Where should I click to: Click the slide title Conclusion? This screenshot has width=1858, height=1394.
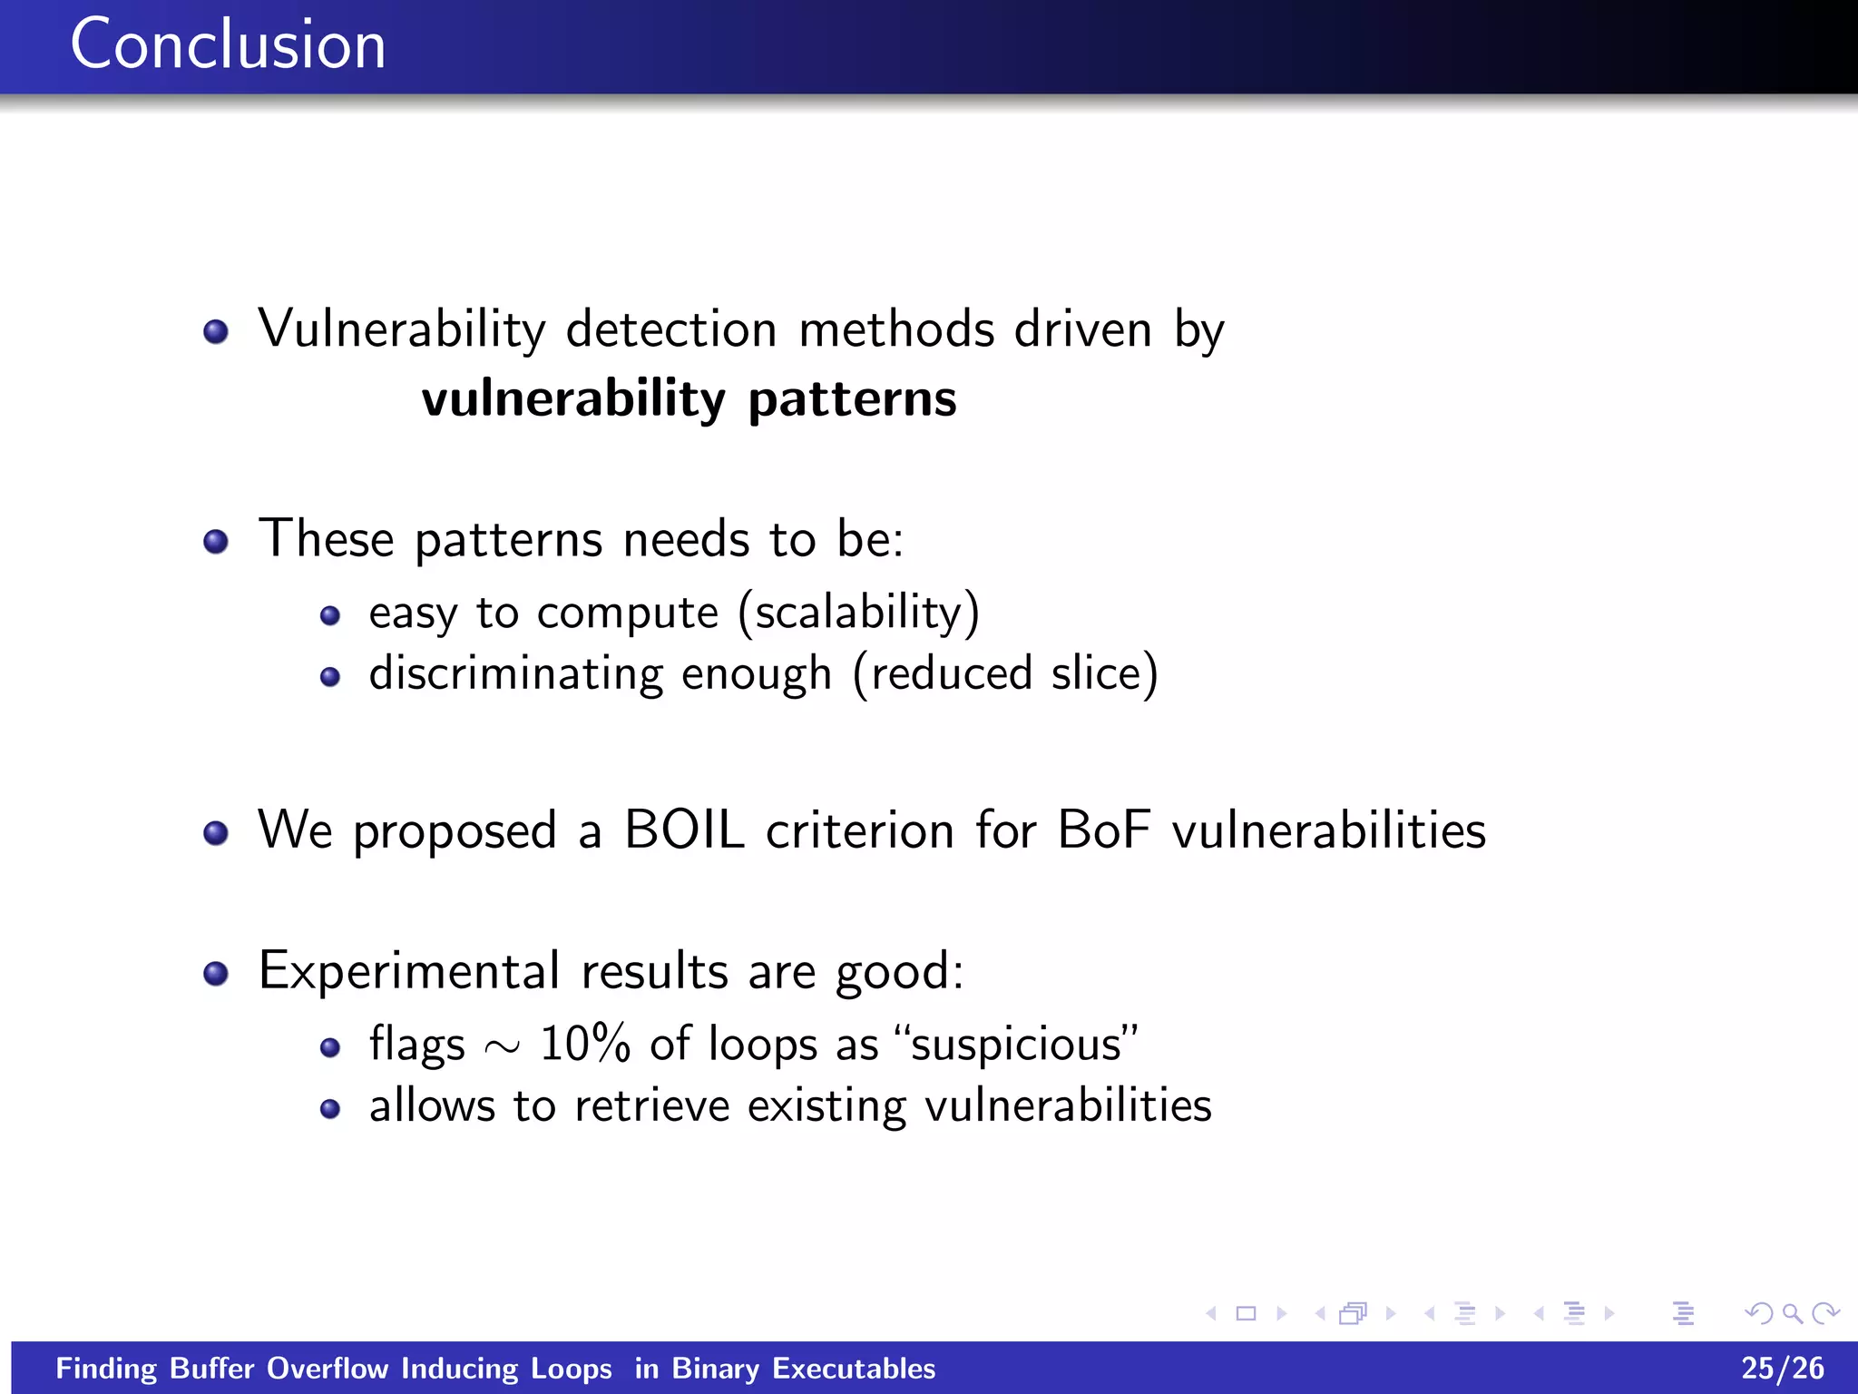coord(228,44)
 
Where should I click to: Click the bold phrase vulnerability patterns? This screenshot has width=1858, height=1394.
coord(689,399)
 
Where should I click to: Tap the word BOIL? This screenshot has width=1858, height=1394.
coord(684,830)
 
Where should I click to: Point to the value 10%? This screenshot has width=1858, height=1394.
coord(584,1044)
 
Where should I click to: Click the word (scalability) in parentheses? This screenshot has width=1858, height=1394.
coord(858,613)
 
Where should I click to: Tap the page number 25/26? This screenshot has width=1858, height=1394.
coord(1782,1368)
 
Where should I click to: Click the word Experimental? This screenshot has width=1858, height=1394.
coord(408,971)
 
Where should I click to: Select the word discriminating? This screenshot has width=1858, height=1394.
coord(515,674)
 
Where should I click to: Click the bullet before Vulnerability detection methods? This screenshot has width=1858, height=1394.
coord(216,332)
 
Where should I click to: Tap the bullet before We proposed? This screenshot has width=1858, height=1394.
coord(216,833)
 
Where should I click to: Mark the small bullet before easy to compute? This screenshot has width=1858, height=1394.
coord(330,617)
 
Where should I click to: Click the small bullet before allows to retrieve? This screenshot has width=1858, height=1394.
coord(330,1109)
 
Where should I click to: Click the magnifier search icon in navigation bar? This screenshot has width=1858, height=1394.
coord(1792,1313)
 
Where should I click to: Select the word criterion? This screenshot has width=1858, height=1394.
coord(859,830)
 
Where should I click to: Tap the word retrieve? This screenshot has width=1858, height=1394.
coord(651,1105)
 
